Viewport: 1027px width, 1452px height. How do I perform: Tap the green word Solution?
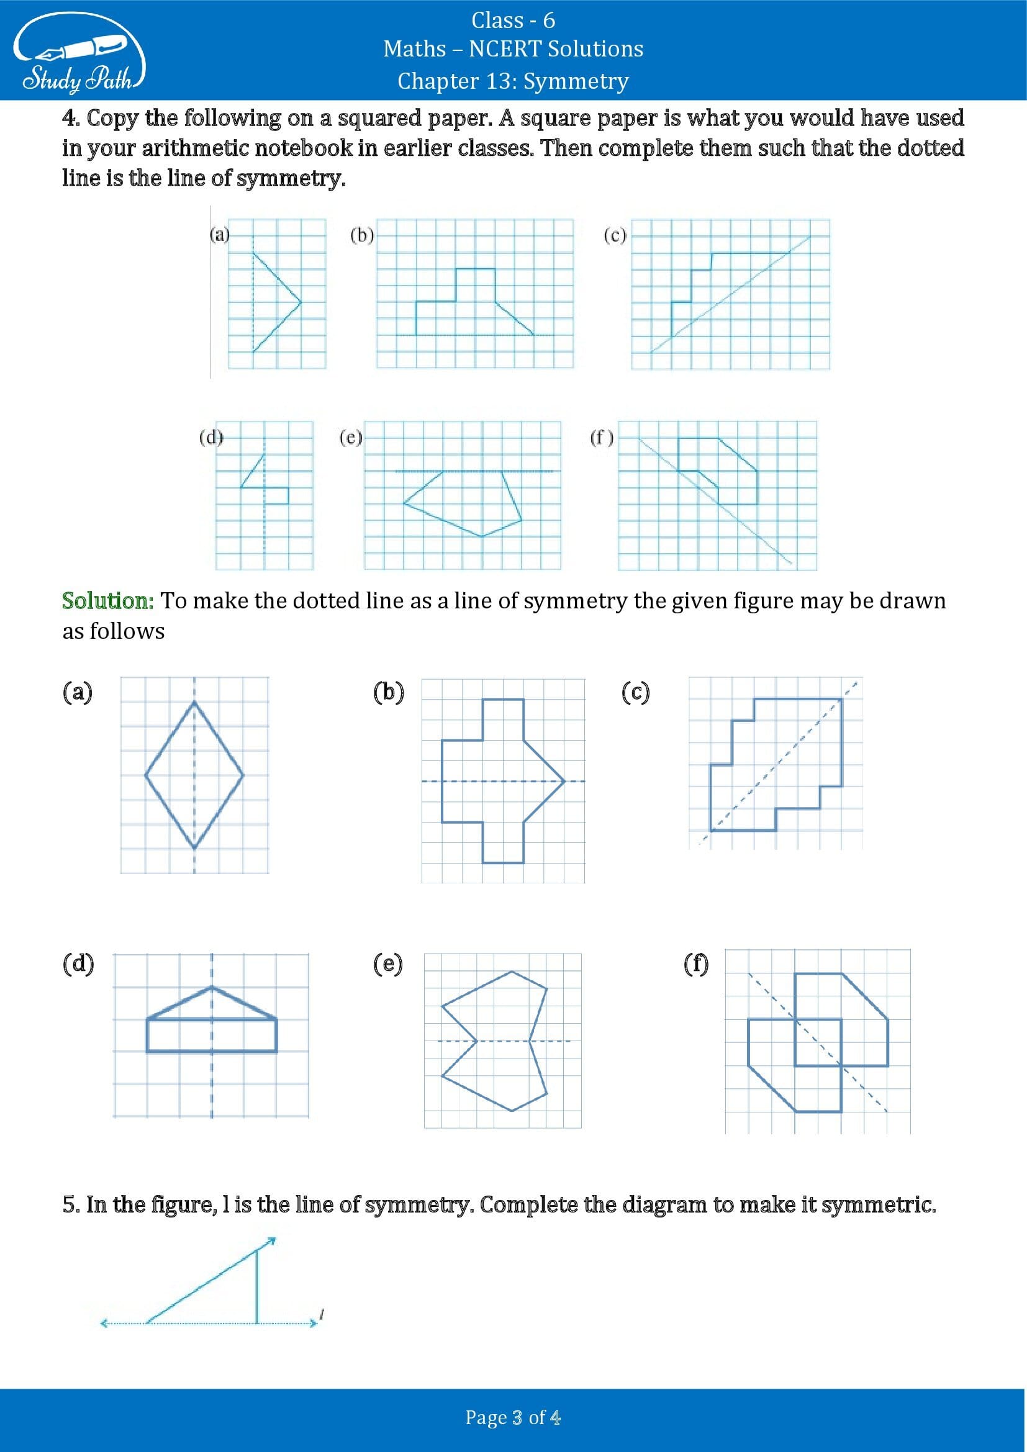click(107, 600)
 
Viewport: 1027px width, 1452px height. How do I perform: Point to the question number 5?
click(70, 1205)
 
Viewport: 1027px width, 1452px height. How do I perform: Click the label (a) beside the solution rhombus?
click(77, 692)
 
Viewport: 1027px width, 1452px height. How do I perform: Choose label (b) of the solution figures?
click(387, 692)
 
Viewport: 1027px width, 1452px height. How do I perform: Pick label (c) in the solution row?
click(635, 692)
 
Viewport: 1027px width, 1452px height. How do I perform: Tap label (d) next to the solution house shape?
click(78, 964)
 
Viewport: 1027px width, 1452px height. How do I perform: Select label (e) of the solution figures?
click(387, 964)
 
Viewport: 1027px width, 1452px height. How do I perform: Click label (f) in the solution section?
click(695, 964)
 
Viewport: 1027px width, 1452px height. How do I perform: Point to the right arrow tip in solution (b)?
click(562, 781)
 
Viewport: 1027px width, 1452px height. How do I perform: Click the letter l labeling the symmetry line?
click(322, 1315)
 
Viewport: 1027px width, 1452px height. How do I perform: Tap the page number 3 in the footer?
click(517, 1418)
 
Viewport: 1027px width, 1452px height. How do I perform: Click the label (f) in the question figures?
click(602, 438)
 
